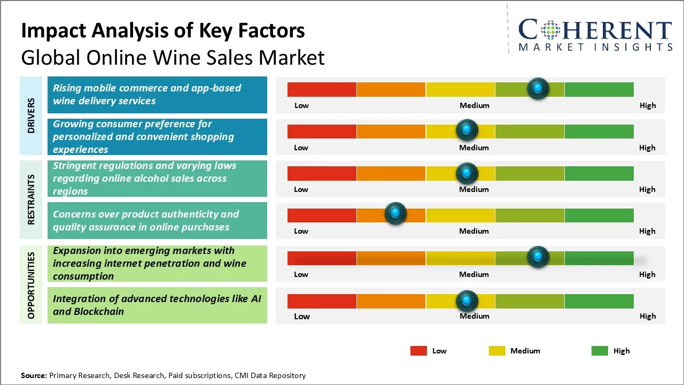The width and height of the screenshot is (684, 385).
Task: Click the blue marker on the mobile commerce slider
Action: coord(538,88)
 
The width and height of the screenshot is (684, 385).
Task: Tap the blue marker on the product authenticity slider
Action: coord(395,214)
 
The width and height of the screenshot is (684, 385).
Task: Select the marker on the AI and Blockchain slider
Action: coord(467,301)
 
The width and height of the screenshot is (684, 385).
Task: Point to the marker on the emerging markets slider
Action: coord(538,257)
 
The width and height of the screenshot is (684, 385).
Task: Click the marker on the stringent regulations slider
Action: coord(467,173)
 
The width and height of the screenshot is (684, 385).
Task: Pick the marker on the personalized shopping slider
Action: coord(467,130)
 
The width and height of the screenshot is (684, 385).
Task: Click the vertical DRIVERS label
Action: coord(31,115)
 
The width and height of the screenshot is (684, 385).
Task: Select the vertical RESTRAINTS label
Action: coord(31,199)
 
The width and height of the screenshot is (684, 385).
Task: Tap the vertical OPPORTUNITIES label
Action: coord(31,285)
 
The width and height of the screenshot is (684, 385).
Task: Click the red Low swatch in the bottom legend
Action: coord(418,351)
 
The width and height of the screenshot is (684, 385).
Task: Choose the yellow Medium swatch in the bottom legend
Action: coord(497,351)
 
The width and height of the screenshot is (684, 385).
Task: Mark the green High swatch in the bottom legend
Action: coord(600,351)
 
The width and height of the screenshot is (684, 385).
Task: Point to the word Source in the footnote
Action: coord(33,375)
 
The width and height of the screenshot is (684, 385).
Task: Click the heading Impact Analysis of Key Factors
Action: coord(163,31)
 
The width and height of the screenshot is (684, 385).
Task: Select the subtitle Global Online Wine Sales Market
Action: coord(173,57)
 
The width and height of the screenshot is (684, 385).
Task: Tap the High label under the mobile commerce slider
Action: coord(648,105)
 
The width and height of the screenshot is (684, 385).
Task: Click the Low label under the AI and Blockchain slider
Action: coord(301,316)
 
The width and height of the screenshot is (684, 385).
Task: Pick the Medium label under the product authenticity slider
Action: coord(474,231)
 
